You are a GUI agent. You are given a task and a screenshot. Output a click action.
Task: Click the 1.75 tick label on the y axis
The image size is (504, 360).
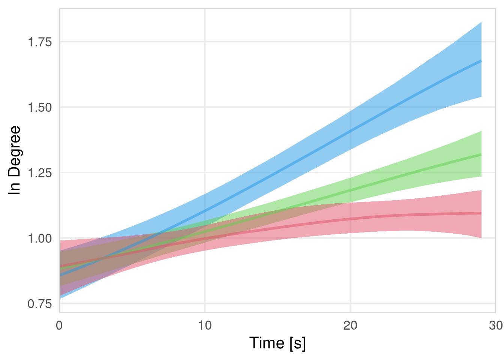tap(40, 42)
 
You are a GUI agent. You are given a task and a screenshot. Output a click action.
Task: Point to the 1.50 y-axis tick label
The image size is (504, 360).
tap(40, 107)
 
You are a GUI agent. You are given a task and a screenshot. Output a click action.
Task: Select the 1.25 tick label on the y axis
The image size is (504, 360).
tap(40, 173)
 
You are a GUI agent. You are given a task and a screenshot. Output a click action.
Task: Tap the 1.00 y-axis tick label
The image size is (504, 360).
tap(40, 238)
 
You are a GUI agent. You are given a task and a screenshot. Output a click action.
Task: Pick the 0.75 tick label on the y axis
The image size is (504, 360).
tap(40, 304)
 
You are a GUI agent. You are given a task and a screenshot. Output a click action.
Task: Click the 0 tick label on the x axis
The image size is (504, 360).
tap(59, 325)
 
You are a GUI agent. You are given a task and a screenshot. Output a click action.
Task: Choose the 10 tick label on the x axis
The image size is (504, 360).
tap(205, 325)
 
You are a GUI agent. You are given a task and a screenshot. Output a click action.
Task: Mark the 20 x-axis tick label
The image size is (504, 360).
tap(350, 325)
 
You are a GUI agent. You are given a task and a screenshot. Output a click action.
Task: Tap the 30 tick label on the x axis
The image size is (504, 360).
tap(496, 325)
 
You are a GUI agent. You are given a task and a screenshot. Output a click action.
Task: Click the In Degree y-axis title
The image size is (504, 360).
tap(15, 160)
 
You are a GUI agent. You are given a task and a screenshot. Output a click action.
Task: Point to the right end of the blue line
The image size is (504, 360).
tap(481, 61)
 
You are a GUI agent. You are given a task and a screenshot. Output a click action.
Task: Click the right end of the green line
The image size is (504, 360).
tap(481, 154)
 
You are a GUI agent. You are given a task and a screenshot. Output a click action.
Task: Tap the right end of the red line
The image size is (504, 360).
tap(481, 213)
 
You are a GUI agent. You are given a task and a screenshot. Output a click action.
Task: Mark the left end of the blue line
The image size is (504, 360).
tap(60, 275)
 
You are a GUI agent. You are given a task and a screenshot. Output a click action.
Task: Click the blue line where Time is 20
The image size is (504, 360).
tap(350, 131)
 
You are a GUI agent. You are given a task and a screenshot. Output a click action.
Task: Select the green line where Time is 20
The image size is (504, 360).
tap(350, 190)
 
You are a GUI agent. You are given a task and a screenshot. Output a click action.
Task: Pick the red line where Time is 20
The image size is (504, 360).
tap(350, 219)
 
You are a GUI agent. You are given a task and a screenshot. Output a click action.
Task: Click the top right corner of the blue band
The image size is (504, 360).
tap(481, 22)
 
